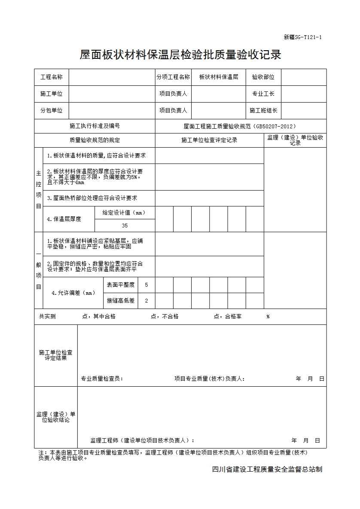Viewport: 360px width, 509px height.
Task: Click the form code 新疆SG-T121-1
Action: coord(303,37)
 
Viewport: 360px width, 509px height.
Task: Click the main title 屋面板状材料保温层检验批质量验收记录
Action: coord(180,55)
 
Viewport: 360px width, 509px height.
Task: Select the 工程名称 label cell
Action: coord(52,77)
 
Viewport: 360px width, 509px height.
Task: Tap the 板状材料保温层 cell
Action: coord(219,77)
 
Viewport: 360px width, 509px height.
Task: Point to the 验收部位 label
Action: coord(263,77)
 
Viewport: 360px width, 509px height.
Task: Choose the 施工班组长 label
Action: coord(263,110)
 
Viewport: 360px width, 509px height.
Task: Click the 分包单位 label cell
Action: coord(52,110)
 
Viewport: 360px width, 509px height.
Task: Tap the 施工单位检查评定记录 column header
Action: coord(209,140)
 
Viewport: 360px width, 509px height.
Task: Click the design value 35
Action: coord(125,225)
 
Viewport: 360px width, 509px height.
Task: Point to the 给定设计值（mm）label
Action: coord(124,212)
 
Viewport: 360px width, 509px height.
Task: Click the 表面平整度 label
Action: coord(120,285)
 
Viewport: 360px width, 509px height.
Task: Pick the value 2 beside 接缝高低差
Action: coord(146,301)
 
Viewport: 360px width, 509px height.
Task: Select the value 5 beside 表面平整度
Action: coord(146,285)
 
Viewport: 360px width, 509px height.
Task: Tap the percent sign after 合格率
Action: coord(268,317)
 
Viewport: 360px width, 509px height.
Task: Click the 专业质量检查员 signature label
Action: coord(102,379)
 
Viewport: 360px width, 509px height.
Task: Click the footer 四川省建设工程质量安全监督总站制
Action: coord(267,470)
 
